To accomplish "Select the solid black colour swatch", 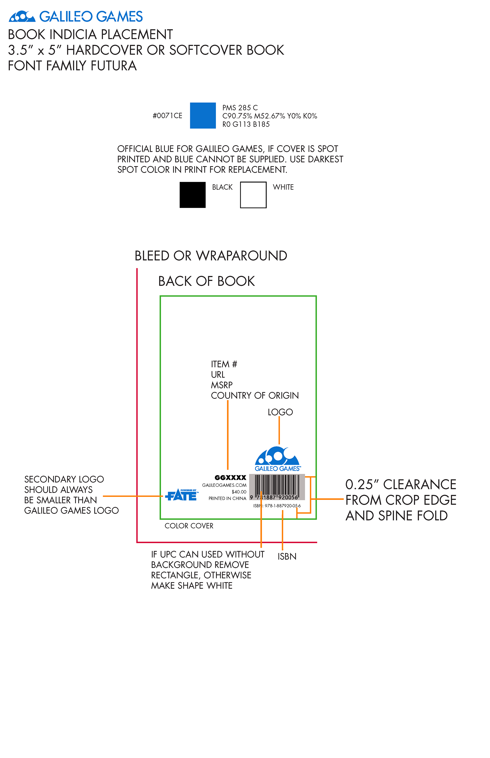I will click(192, 195).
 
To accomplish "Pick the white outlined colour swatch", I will click(253, 195).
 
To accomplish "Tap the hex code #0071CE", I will click(167, 116).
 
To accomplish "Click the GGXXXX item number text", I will click(230, 478).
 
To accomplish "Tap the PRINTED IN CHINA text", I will click(227, 498).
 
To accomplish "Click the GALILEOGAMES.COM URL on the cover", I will click(224, 485).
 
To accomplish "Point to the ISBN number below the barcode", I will click(277, 506).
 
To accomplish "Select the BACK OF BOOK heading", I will click(206, 281).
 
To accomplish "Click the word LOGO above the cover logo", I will click(280, 412).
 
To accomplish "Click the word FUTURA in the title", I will click(114, 66).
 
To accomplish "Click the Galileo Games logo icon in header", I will click(22, 17).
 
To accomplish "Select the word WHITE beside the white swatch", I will click(283, 187).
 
